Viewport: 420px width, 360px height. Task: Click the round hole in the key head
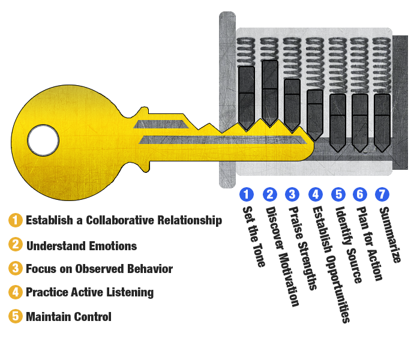click(43, 140)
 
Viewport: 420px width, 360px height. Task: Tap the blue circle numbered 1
click(246, 194)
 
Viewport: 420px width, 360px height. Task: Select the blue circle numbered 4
click(315, 194)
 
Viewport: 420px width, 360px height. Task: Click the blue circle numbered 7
click(382, 194)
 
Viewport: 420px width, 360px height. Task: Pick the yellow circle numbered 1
click(16, 220)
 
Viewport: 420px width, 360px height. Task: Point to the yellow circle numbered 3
click(16, 269)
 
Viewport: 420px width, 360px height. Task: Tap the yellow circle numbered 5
click(16, 317)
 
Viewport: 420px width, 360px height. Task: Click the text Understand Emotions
click(82, 245)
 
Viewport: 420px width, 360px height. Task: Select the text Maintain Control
click(68, 317)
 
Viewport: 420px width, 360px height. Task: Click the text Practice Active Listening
click(90, 293)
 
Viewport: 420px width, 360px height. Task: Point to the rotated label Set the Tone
click(252, 237)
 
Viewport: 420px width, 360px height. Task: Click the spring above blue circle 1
click(247, 52)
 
